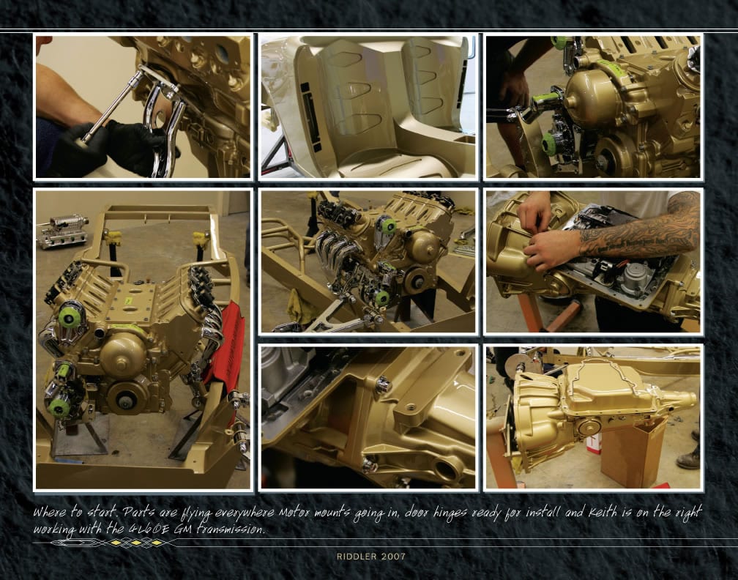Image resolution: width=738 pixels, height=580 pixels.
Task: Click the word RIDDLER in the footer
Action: (x=357, y=556)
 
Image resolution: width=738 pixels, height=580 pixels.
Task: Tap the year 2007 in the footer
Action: (x=393, y=556)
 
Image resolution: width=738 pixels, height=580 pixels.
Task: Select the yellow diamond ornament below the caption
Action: (x=135, y=543)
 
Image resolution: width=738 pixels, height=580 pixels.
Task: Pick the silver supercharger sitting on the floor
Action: (x=63, y=231)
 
